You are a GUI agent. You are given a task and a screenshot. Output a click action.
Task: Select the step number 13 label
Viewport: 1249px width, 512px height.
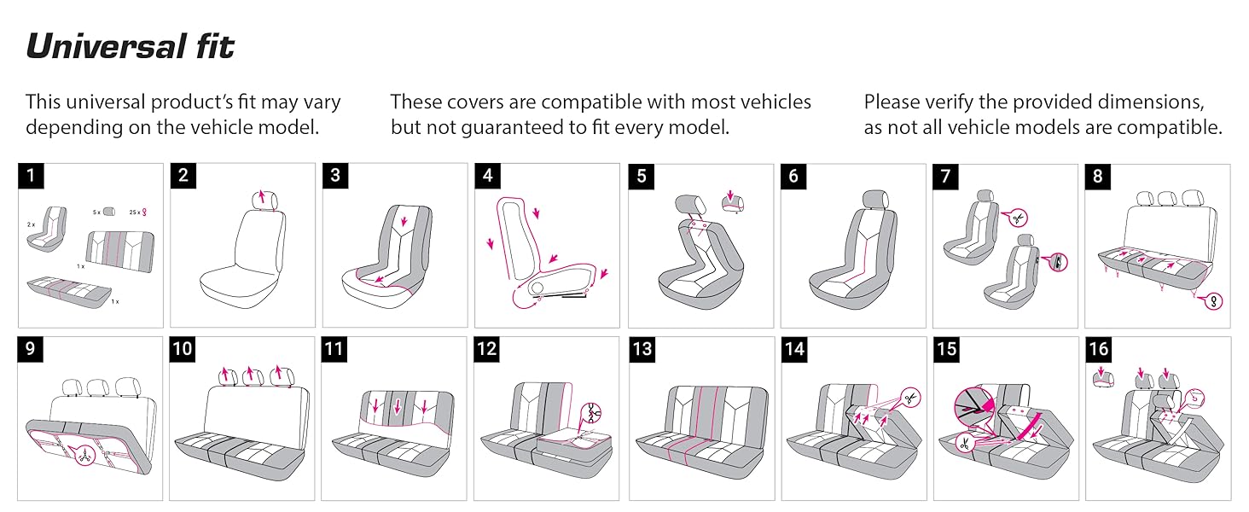coord(642,349)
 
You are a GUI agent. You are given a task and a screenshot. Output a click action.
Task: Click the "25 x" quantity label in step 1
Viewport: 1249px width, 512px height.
coord(132,212)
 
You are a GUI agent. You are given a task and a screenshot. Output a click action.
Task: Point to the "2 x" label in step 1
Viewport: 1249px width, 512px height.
coord(31,224)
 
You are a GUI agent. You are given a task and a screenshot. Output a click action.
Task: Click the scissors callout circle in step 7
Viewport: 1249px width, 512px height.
coord(1018,218)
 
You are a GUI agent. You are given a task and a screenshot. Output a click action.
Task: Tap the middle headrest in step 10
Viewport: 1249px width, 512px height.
coord(251,375)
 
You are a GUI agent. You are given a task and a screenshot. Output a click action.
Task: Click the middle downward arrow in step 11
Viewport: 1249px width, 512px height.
coord(396,407)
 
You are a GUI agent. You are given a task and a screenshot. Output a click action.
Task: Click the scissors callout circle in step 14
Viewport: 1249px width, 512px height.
coord(909,397)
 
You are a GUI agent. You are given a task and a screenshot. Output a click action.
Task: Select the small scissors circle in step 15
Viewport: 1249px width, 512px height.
coord(964,444)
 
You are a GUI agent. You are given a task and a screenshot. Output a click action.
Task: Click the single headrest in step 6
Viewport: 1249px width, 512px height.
coord(876,199)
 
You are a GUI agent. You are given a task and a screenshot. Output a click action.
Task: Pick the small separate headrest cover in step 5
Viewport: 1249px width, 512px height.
coord(733,202)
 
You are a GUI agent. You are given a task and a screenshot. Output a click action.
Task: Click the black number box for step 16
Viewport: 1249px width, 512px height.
coord(1099,349)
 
